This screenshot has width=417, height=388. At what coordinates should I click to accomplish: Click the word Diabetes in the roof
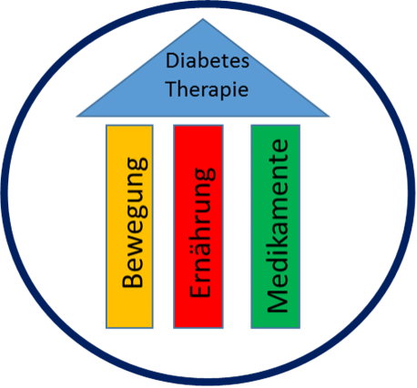click(x=208, y=60)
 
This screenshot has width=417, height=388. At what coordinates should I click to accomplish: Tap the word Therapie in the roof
click(x=208, y=89)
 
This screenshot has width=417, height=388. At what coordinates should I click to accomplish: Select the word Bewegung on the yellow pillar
click(x=135, y=222)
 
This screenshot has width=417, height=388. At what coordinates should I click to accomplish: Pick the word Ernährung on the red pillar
click(x=202, y=232)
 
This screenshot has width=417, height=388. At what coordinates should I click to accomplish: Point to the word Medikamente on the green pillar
click(x=278, y=226)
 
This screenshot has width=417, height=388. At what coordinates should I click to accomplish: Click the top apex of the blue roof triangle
click(x=203, y=19)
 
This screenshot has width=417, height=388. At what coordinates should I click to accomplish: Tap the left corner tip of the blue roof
click(x=76, y=117)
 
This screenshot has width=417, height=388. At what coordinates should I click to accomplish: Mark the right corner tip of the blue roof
click(x=330, y=117)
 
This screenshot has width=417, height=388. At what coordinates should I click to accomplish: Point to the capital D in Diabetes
click(x=172, y=60)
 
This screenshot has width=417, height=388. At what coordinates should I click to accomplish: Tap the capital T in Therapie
click(x=171, y=88)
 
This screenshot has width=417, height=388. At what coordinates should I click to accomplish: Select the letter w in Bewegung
click(x=136, y=243)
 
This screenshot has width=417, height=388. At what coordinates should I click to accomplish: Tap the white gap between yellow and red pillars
click(x=163, y=227)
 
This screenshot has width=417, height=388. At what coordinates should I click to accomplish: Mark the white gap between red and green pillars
click(x=238, y=227)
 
